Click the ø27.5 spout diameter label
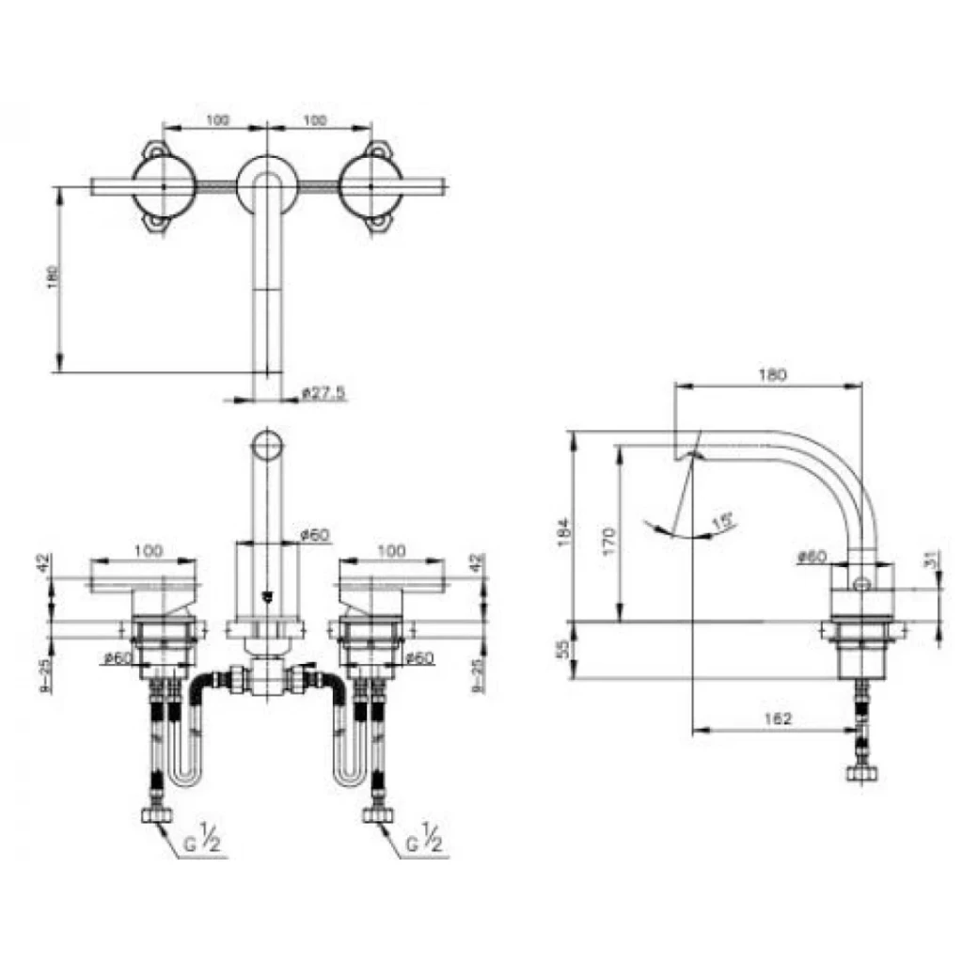click(x=324, y=393)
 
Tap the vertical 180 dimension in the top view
click(x=54, y=276)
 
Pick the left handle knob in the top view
click(x=164, y=186)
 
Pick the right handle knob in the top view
click(x=371, y=186)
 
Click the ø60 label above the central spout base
click(x=314, y=534)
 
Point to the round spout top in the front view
click(x=269, y=445)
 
